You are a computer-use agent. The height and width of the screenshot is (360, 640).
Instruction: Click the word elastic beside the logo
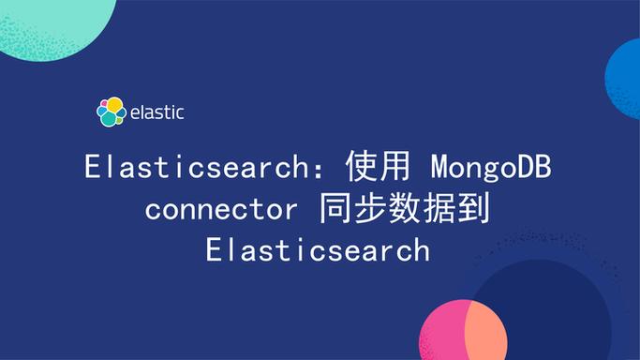(157, 112)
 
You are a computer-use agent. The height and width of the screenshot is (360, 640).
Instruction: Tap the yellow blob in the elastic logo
(114, 105)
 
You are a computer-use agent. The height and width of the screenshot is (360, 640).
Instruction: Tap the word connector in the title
(220, 209)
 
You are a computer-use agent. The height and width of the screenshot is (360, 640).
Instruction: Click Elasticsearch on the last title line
(319, 250)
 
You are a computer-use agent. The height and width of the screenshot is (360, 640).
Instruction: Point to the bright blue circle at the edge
(626, 80)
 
